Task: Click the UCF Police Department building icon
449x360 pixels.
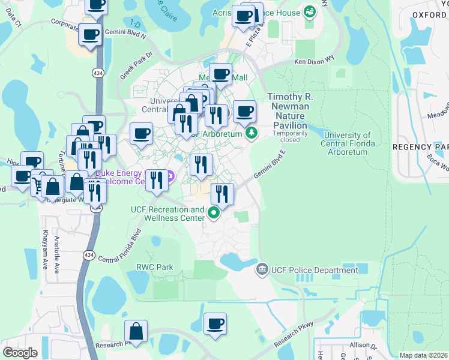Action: click(x=262, y=270)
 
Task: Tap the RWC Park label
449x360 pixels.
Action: click(x=154, y=267)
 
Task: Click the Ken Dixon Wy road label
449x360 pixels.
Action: click(x=313, y=61)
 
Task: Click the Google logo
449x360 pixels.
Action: click(x=20, y=352)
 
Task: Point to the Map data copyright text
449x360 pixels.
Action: click(x=423, y=355)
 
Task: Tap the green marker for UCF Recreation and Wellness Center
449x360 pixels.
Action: click(x=213, y=212)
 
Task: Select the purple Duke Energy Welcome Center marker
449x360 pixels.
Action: click(x=170, y=176)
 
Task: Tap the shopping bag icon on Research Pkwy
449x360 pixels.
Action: click(x=136, y=332)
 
